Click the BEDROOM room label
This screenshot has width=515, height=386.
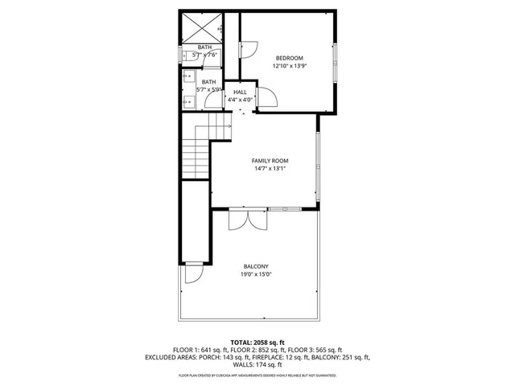(289, 58)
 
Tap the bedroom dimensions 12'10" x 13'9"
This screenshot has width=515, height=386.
(289, 66)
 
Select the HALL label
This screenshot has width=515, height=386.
(240, 92)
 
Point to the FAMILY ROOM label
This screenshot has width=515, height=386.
(270, 161)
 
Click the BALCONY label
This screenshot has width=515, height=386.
(256, 266)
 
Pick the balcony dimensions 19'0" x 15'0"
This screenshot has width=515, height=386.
(256, 274)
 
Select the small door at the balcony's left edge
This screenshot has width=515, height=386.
(193, 273)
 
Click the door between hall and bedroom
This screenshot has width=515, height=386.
(266, 98)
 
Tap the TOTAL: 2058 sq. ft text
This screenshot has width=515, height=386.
(257, 342)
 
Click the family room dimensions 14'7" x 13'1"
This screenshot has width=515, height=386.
(270, 169)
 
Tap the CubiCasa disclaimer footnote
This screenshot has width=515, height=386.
(257, 376)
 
